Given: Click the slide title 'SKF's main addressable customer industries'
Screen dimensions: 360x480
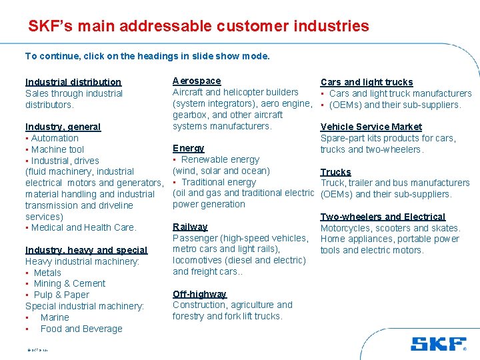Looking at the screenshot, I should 198,27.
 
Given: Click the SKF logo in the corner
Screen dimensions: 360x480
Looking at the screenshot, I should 438,344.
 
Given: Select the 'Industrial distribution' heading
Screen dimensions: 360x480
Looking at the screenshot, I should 73,82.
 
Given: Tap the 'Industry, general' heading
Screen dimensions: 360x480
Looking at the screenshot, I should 63,127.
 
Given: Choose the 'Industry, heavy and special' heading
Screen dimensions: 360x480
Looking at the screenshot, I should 87,250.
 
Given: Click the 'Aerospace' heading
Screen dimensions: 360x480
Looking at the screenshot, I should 197,81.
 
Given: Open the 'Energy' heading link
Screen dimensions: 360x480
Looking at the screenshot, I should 189,148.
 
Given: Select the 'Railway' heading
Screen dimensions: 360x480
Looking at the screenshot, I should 190,227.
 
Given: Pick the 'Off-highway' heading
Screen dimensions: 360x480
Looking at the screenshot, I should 199,294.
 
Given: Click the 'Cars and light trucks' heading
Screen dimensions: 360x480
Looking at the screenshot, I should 367,82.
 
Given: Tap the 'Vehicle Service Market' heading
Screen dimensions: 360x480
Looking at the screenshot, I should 371,127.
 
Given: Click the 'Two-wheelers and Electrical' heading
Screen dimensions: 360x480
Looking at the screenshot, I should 383,217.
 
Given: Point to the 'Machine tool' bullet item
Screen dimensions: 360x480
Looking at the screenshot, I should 57,149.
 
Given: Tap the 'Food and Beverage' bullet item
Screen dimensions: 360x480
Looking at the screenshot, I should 81,329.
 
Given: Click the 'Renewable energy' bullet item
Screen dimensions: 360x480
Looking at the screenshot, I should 220,159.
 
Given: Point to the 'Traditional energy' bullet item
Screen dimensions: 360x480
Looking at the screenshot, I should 218,182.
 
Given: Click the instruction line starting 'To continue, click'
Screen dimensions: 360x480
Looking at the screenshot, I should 147,56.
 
